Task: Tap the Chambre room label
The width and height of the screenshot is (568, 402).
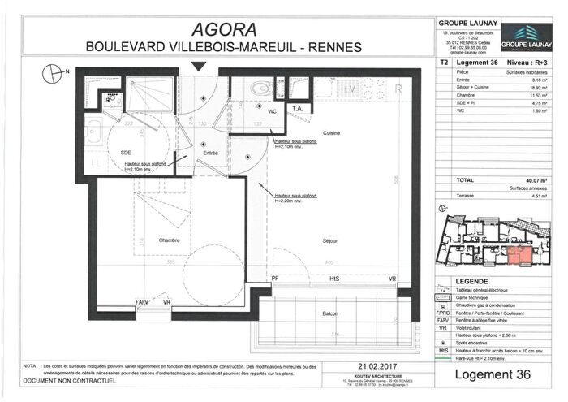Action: (x=170, y=239)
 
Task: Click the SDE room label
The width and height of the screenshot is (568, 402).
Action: (x=127, y=152)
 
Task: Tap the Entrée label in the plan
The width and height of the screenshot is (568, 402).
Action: (x=211, y=152)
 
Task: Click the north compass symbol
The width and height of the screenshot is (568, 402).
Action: (x=55, y=72)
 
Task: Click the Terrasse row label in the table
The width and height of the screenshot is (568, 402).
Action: (x=465, y=195)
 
